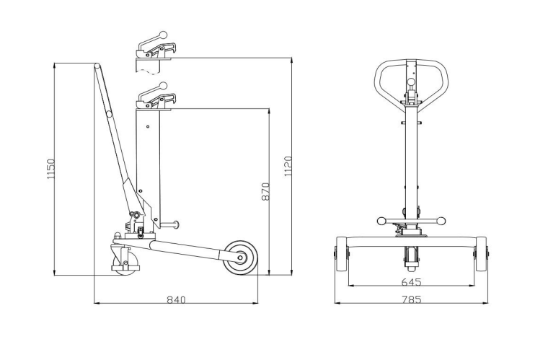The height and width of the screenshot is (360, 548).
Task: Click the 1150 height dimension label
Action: [51, 169]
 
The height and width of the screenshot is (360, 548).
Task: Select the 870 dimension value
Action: [266, 191]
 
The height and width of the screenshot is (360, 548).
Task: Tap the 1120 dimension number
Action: [288, 167]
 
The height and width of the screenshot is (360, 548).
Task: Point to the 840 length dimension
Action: [176, 299]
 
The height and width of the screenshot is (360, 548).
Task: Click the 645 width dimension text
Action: [411, 281]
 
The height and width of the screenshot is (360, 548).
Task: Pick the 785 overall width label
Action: [411, 299]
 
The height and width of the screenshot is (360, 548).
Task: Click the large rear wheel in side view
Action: [240, 258]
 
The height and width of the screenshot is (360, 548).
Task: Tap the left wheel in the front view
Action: [341, 254]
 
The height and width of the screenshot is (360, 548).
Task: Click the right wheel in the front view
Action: [482, 254]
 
